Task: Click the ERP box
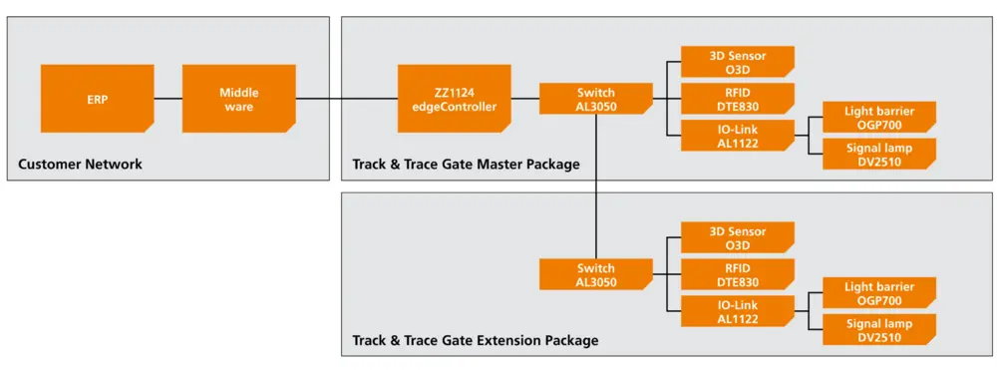coord(97,99)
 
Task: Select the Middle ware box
coord(238,99)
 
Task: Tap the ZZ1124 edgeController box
coord(454,99)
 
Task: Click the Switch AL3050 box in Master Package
coord(596,99)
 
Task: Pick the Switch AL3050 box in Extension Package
coord(596,274)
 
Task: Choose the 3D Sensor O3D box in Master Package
coord(737,62)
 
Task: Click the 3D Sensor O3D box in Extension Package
coord(737,238)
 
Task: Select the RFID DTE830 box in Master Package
coord(737,99)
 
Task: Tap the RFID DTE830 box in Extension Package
coord(737,274)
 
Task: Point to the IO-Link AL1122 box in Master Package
coord(737,136)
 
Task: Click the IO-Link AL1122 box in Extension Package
coord(737,311)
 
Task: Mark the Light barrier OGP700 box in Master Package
coord(878,117)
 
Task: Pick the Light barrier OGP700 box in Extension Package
coord(878,293)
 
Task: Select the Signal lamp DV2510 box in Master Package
coord(878,155)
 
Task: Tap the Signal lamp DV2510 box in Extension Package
coord(878,330)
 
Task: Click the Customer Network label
coord(81,165)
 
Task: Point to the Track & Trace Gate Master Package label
coord(466,165)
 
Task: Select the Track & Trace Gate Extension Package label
coord(476,341)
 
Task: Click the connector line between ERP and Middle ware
coord(167,99)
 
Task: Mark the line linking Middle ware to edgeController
coord(346,99)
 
